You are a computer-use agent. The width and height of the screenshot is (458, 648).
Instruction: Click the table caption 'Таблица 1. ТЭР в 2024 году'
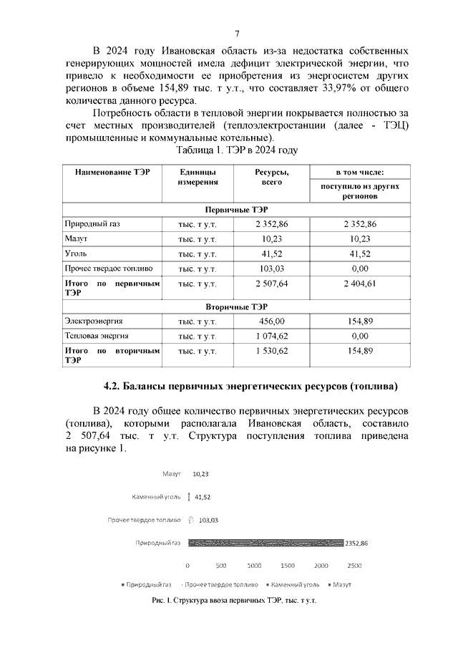(236, 150)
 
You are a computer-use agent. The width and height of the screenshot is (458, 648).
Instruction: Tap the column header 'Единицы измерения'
(198, 178)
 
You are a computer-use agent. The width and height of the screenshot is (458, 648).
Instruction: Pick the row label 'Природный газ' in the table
(92, 225)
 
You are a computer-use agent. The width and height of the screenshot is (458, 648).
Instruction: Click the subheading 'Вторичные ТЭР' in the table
(235, 307)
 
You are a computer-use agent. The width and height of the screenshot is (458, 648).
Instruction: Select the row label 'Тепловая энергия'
(97, 336)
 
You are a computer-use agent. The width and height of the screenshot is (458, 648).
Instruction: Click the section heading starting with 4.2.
(250, 387)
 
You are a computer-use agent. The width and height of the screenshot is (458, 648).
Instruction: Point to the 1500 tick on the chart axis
(288, 565)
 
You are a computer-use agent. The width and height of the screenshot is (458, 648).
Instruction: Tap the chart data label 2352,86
(356, 543)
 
